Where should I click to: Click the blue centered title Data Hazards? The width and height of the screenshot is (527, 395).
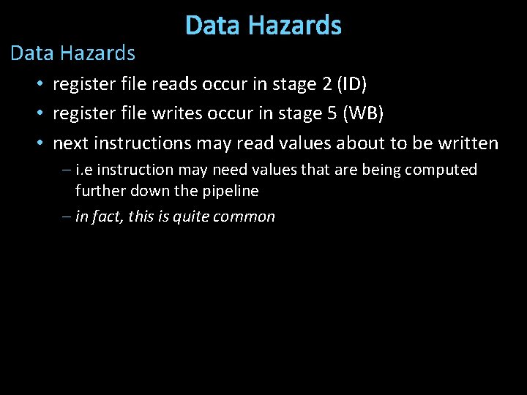click(x=263, y=26)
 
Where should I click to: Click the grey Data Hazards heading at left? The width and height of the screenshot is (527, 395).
click(x=72, y=53)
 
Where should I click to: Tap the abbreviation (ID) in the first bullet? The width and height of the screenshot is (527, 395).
click(x=353, y=84)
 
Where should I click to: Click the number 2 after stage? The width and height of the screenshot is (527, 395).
click(x=326, y=84)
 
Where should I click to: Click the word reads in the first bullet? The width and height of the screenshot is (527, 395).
click(x=172, y=84)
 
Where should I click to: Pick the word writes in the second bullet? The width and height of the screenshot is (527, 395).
click(x=175, y=113)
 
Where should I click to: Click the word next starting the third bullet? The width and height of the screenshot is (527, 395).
click(x=70, y=143)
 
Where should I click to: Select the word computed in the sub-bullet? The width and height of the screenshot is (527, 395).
click(x=443, y=170)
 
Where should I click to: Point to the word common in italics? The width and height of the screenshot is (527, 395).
click(x=246, y=217)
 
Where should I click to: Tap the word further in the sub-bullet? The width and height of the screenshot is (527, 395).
click(x=100, y=191)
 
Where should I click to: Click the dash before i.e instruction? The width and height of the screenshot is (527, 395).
click(x=67, y=170)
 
